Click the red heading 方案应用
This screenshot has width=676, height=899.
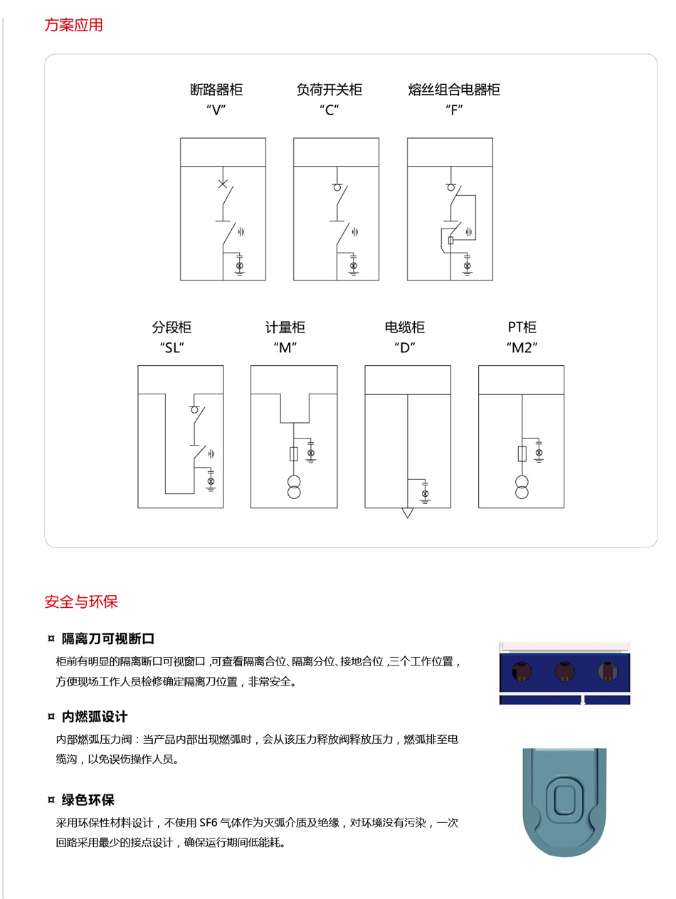[x=73, y=25]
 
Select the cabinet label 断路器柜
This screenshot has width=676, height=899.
[x=216, y=90]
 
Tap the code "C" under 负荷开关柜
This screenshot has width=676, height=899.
[x=329, y=110]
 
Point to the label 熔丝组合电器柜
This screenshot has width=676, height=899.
[x=454, y=90]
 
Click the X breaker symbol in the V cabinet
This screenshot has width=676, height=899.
[x=222, y=184]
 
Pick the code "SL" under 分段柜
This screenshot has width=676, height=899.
[x=172, y=348]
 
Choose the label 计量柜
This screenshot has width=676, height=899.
[x=285, y=327]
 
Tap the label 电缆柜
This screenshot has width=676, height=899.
[x=405, y=327]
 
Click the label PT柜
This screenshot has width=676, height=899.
[x=522, y=327]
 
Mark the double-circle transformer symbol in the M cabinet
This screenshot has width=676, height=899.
[x=294, y=487]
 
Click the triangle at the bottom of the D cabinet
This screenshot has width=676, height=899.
[x=408, y=512]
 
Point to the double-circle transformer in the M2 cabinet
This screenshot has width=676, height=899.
[x=522, y=487]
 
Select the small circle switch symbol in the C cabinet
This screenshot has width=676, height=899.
[x=337, y=188]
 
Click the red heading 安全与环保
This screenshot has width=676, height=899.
[x=81, y=601]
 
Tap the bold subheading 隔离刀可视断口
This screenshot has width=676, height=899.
[x=108, y=638]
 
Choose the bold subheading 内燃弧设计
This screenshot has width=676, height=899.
[x=95, y=717]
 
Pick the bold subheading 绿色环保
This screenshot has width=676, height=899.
[x=88, y=800]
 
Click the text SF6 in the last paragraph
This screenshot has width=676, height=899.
[x=208, y=823]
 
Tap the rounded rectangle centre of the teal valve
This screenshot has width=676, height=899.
[x=564, y=798]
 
